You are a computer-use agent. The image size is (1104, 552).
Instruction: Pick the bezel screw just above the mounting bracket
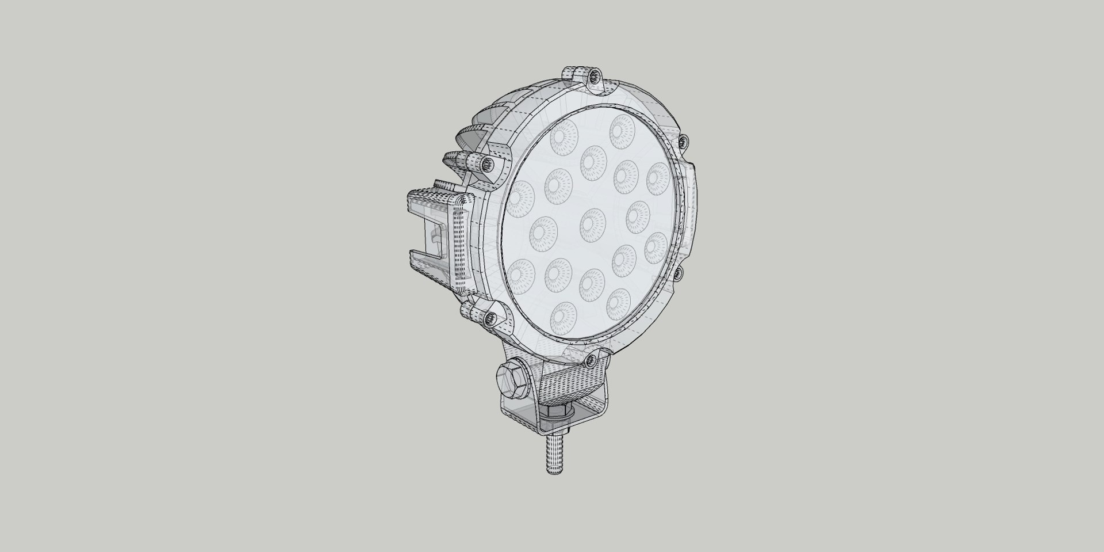(x=589, y=360)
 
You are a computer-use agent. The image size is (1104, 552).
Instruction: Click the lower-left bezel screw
(x=490, y=318)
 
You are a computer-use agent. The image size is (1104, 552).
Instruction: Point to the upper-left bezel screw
(x=488, y=164)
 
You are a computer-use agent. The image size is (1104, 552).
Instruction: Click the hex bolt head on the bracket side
(x=513, y=378)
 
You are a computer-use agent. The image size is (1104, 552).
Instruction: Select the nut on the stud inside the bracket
(x=557, y=412)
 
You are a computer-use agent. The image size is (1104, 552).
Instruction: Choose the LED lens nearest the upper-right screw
(x=657, y=178)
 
